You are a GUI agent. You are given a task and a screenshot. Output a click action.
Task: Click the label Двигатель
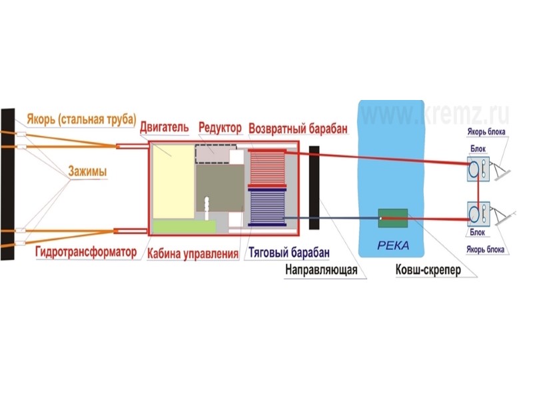pos(165,127)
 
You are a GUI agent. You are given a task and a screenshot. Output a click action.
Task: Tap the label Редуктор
pos(220,127)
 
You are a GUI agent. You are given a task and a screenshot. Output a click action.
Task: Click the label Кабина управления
pos(193,253)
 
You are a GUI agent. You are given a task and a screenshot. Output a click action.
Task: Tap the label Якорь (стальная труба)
pos(81,120)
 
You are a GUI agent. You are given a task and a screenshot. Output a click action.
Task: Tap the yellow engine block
pos(173,179)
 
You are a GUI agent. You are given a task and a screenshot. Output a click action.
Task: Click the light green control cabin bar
pos(184,227)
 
